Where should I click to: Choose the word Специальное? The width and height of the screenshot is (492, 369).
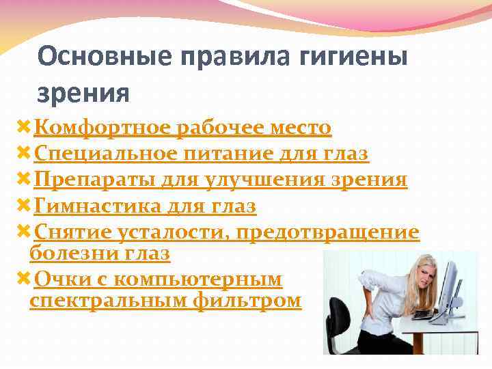(x=105, y=154)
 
